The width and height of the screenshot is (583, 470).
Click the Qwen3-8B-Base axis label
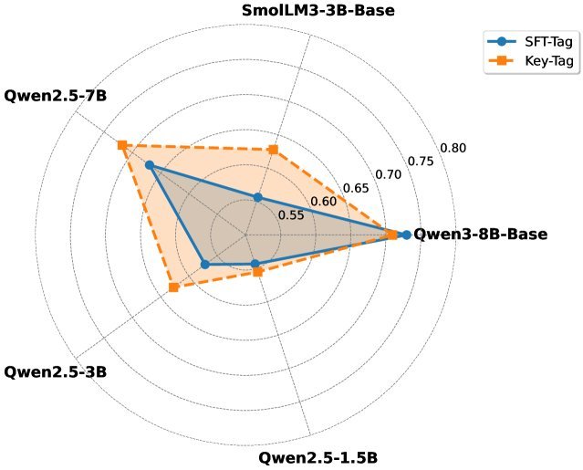[481, 234]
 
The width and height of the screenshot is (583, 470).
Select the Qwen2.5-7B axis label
[56, 95]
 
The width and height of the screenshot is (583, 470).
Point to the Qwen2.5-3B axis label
[56, 372]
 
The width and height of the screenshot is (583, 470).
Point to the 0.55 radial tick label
[291, 215]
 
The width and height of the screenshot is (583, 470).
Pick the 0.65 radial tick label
[356, 188]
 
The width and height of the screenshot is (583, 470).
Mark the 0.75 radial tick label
[421, 161]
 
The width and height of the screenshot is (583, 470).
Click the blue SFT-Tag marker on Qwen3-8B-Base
[406, 235]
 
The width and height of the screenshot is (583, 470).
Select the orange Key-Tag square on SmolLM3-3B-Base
[272, 150]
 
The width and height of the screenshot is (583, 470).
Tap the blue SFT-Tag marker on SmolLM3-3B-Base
[258, 197]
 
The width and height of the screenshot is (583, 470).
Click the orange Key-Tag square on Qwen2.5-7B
[121, 146]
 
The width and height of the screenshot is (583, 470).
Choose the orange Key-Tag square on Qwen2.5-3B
[173, 288]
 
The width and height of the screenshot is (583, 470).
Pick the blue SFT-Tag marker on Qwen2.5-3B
[205, 265]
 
